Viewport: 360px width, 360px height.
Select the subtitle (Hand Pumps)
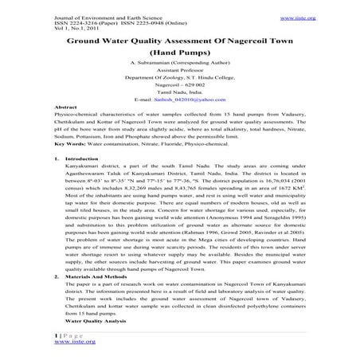[178, 51]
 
